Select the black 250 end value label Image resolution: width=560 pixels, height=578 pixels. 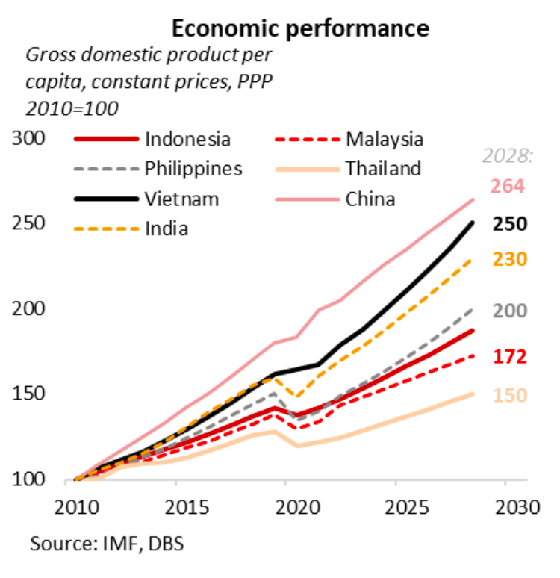pos(508,223)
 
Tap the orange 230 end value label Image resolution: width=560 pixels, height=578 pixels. pos(508,259)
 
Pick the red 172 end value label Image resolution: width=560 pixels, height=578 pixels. pos(508,357)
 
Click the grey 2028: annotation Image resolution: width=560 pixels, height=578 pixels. pos(507,157)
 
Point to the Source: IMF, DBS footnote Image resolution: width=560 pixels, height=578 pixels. pos(107,543)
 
